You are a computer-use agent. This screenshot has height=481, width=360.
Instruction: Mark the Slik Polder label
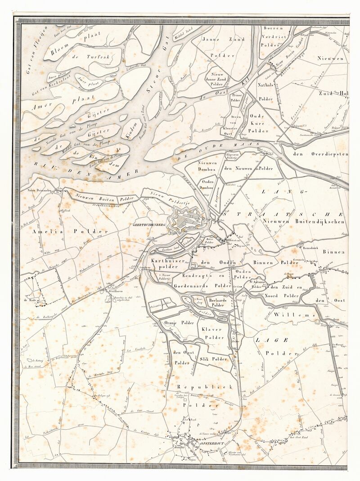[x=213, y=359]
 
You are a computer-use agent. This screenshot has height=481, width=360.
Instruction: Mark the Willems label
[x=294, y=315]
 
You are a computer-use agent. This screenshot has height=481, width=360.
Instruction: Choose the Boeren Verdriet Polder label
[x=278, y=36]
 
